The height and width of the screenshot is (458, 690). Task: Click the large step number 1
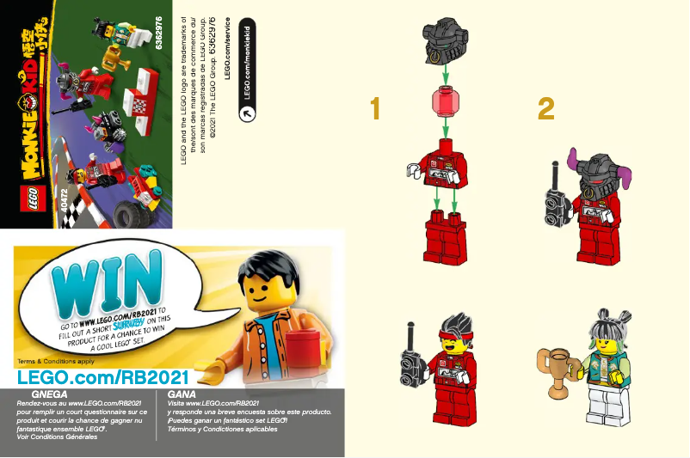374,109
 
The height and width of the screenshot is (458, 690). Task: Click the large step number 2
545,109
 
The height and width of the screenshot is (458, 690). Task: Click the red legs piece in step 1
445,237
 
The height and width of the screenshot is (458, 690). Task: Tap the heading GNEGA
48,393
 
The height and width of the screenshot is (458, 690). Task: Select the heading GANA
182,393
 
